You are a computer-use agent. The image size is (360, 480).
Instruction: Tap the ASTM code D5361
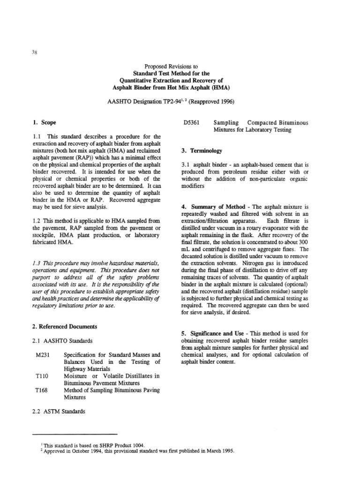point(191,123)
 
